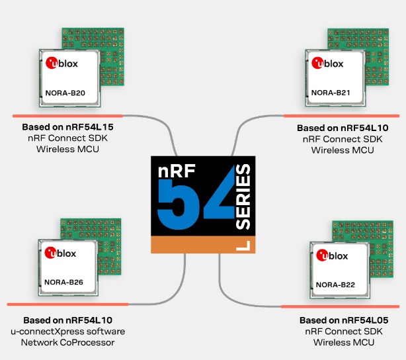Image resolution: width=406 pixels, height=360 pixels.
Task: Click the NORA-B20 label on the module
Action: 65,93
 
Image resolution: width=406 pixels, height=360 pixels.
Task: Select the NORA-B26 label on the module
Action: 63,283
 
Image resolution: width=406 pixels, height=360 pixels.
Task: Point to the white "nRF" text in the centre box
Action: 171,171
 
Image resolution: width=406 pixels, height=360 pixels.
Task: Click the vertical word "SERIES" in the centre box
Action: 243,197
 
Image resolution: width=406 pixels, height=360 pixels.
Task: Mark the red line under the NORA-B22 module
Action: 340,306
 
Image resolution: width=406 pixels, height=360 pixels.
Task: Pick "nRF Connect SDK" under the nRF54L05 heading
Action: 343,331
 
